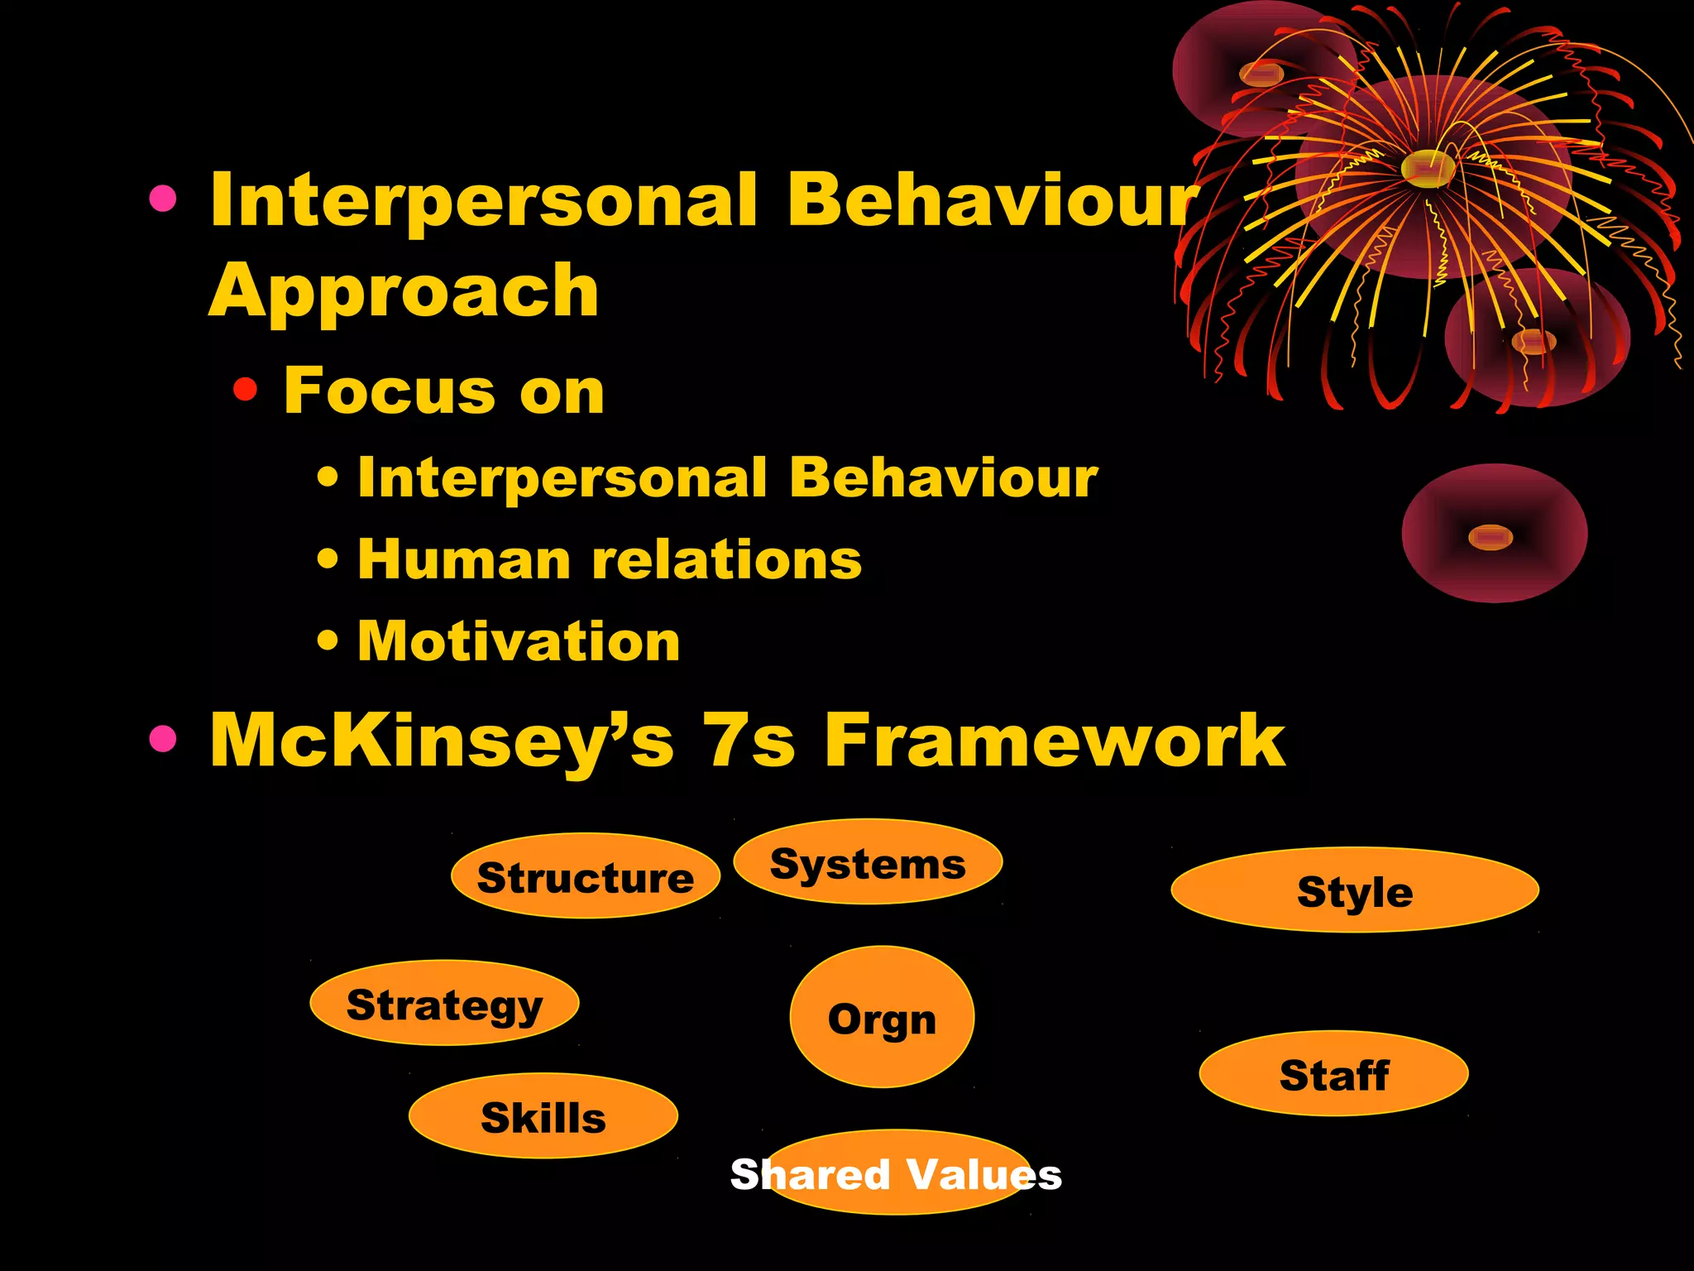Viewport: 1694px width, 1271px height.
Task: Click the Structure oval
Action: pyautogui.click(x=586, y=875)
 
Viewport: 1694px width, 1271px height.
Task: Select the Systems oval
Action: pyautogui.click(x=868, y=862)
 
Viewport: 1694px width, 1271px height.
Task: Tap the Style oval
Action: pyautogui.click(x=1355, y=890)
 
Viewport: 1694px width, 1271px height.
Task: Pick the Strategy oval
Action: pyautogui.click(x=444, y=1003)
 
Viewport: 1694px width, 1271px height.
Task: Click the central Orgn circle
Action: pyautogui.click(x=882, y=1017)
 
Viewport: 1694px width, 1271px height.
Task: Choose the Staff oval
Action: pyautogui.click(x=1333, y=1073)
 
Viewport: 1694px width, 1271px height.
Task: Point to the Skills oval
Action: pyautogui.click(x=543, y=1116)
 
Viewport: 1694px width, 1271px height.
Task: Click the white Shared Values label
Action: pyautogui.click(x=896, y=1174)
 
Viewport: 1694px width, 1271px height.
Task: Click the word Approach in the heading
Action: pyautogui.click(x=404, y=291)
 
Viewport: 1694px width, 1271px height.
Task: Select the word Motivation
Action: pyautogui.click(x=519, y=641)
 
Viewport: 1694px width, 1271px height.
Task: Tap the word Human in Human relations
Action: pyautogui.click(x=464, y=560)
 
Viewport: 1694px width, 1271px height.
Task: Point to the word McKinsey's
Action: pyautogui.click(x=442, y=741)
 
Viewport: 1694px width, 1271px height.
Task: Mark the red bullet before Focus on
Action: pyautogui.click(x=246, y=388)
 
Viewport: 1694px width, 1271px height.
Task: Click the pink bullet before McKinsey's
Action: pyautogui.click(x=163, y=739)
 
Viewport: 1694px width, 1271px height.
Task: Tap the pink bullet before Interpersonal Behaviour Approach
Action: pyautogui.click(x=163, y=199)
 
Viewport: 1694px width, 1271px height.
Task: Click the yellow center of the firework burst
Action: pyautogui.click(x=1428, y=168)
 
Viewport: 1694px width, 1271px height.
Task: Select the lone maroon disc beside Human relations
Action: pyautogui.click(x=1494, y=534)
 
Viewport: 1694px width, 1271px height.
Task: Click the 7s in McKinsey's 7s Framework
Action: pyautogui.click(x=749, y=741)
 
